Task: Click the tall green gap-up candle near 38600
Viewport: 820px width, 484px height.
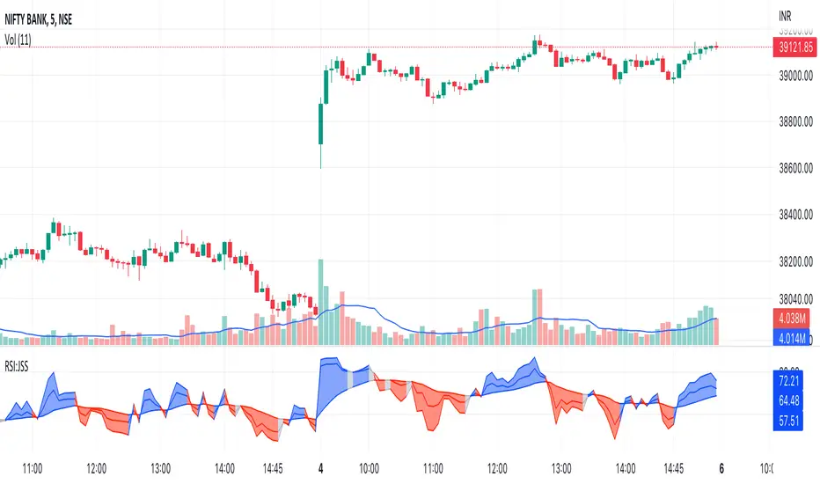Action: coord(321,132)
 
